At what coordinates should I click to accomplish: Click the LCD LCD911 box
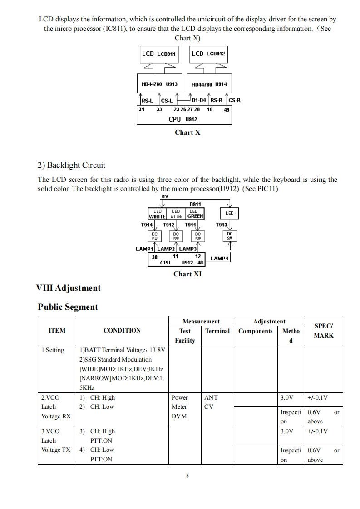pyautogui.click(x=159, y=54)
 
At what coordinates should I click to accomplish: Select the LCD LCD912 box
pyautogui.click(x=208, y=54)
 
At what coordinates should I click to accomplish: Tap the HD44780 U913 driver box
pyautogui.click(x=159, y=84)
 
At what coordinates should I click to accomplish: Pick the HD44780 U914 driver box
pyautogui.click(x=209, y=84)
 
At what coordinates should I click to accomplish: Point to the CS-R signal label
pyautogui.click(x=235, y=100)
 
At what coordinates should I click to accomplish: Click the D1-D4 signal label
pyautogui.click(x=199, y=100)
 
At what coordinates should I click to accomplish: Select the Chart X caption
pyautogui.click(x=187, y=132)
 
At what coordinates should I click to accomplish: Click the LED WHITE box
pyautogui.click(x=158, y=214)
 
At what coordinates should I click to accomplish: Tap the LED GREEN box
pyautogui.click(x=195, y=214)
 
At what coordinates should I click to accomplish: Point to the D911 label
pyautogui.click(x=195, y=205)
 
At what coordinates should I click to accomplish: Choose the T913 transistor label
pyautogui.click(x=221, y=225)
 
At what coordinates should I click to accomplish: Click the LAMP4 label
pyautogui.click(x=219, y=259)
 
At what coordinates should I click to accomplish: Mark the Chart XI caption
pyautogui.click(x=187, y=274)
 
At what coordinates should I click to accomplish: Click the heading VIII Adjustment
pyautogui.click(x=68, y=288)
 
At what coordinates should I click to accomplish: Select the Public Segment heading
pyautogui.click(x=68, y=307)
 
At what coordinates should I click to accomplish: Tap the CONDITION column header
pyautogui.click(x=122, y=331)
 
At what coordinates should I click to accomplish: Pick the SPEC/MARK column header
pyautogui.click(x=324, y=331)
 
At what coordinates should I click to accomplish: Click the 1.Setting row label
pyautogui.click(x=53, y=350)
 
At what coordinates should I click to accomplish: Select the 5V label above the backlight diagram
pyautogui.click(x=165, y=197)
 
